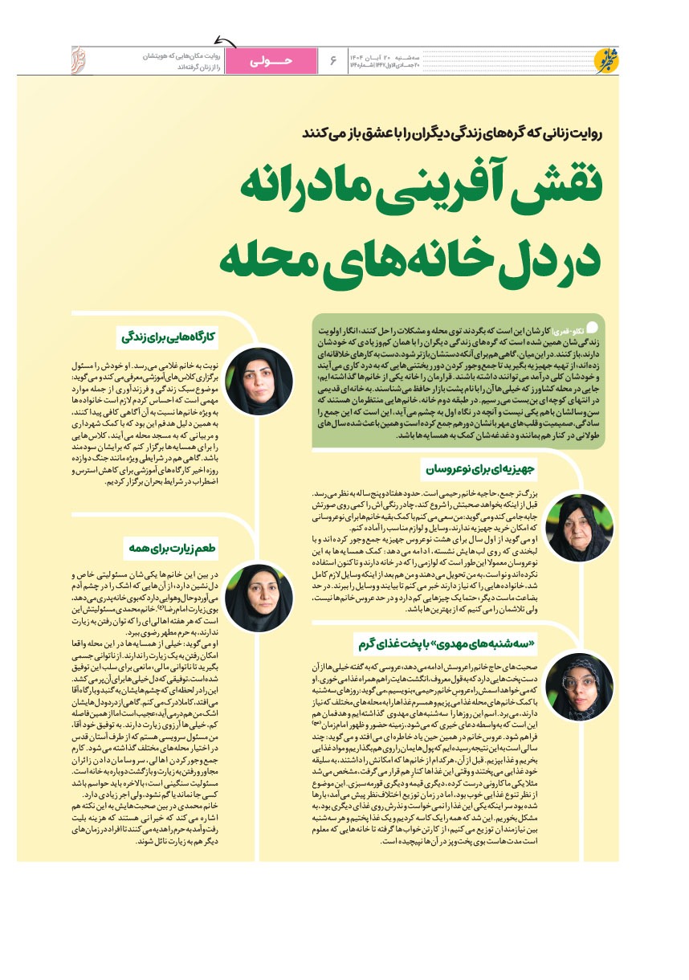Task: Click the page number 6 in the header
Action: [332, 59]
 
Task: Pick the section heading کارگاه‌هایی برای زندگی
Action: [169, 336]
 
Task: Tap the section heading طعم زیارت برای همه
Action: [171, 549]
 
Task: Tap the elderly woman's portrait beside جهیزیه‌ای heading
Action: [579, 528]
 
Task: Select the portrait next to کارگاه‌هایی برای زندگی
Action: [259, 381]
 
